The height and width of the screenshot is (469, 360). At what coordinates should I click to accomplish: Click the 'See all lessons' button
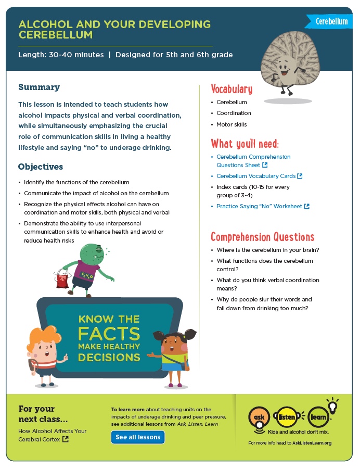click(138, 437)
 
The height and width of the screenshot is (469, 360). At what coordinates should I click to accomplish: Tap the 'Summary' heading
click(39, 87)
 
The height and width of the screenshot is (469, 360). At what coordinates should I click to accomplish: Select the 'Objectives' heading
click(41, 167)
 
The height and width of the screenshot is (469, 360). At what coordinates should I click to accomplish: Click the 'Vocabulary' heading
click(232, 89)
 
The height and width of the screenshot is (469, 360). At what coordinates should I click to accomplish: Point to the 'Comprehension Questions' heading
click(262, 237)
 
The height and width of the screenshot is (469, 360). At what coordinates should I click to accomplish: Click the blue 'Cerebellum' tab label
click(331, 21)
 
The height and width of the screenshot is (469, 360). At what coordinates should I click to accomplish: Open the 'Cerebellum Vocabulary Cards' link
click(256, 176)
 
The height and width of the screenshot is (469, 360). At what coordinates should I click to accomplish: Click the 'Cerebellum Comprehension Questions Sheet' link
click(253, 161)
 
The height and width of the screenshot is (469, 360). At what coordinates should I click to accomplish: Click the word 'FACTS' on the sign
click(109, 333)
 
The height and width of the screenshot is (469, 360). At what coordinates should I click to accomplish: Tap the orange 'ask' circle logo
click(259, 417)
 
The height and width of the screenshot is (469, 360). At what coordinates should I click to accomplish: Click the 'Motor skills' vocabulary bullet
click(232, 125)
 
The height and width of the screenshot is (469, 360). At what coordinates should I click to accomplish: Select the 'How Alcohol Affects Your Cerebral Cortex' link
click(52, 435)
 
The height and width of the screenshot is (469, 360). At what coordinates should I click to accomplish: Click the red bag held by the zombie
click(63, 280)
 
